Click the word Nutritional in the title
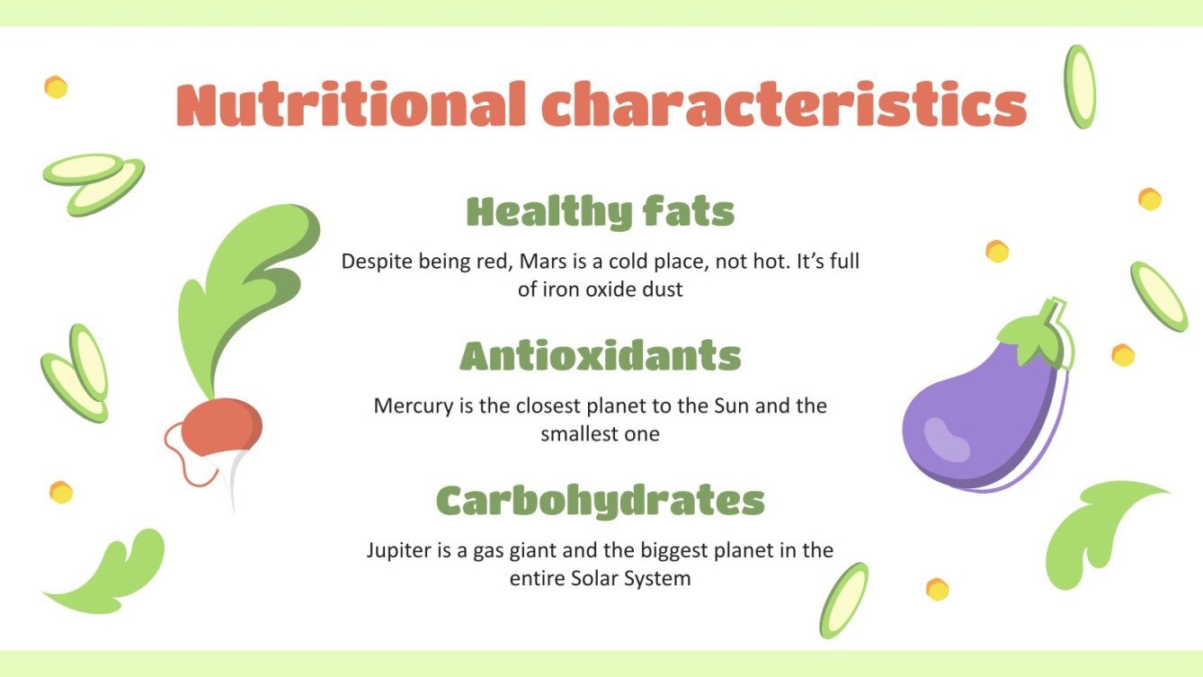(x=352, y=105)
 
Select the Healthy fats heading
(x=601, y=212)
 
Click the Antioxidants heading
(x=601, y=356)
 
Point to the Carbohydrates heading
(x=601, y=500)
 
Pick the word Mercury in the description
(x=414, y=405)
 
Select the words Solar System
(x=631, y=578)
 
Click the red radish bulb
(x=221, y=426)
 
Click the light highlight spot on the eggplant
(x=947, y=439)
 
